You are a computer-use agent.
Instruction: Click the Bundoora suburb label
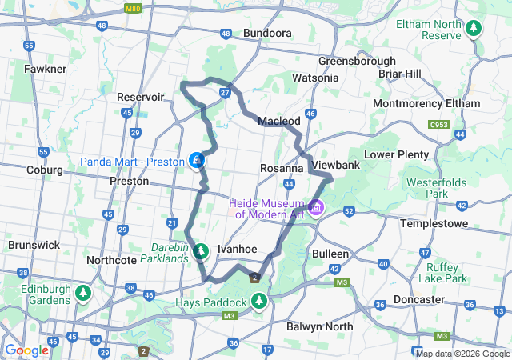click(x=266, y=34)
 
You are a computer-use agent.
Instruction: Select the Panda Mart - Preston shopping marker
click(x=196, y=162)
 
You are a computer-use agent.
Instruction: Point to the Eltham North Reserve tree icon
click(x=474, y=29)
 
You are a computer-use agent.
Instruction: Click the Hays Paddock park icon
click(x=258, y=302)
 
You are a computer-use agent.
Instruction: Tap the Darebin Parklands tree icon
click(x=201, y=251)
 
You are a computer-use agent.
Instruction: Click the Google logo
click(x=26, y=350)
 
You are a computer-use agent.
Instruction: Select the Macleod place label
click(x=278, y=120)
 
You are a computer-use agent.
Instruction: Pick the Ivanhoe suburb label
click(x=237, y=249)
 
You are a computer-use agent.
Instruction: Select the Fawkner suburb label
click(x=45, y=69)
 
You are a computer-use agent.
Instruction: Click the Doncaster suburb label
click(x=441, y=299)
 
